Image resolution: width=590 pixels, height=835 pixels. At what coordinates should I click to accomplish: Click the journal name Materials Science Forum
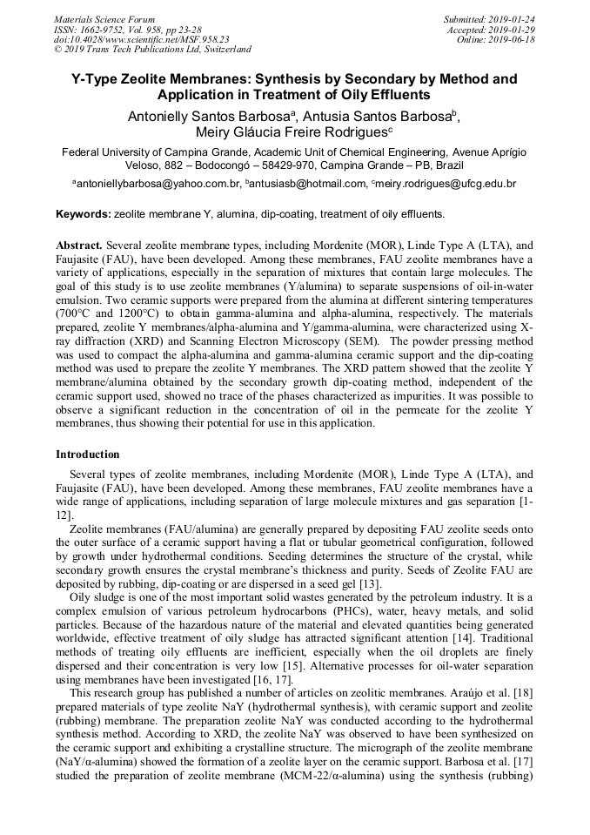(104, 18)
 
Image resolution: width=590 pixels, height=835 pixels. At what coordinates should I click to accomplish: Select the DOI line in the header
(141, 39)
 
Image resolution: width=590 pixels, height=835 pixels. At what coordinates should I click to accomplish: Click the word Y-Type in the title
(97, 79)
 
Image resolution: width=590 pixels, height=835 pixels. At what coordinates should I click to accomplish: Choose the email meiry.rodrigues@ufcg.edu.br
(446, 185)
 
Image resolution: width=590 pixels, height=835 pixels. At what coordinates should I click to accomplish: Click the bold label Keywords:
(84, 214)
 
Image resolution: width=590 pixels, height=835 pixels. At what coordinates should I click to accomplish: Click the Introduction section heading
(88, 455)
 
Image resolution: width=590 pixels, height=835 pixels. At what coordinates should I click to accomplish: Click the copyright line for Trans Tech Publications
(152, 50)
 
